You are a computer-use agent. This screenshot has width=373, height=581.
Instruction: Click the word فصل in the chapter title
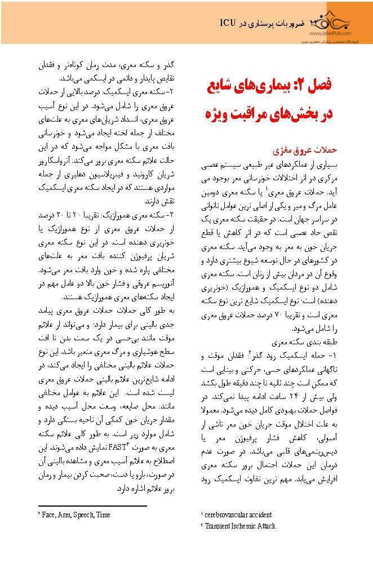[x=319, y=86]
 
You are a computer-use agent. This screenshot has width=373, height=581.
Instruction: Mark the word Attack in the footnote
[x=268, y=526]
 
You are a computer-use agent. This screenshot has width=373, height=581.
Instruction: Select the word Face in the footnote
[x=49, y=515]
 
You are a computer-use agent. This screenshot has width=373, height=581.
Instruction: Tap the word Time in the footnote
[x=104, y=515]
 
